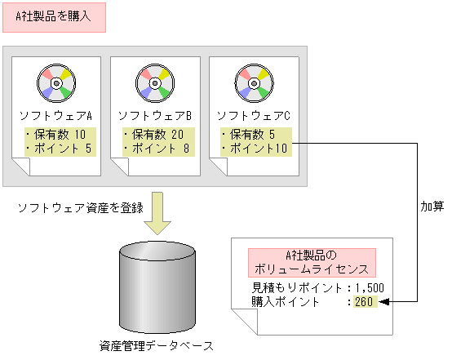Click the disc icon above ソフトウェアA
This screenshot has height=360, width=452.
[55, 83]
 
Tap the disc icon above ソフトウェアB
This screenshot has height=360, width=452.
[155, 83]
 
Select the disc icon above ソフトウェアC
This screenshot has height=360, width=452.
[254, 83]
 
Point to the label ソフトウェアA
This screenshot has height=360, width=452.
[55, 116]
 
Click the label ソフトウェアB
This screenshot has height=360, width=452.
[155, 116]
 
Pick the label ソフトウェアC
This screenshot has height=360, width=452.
[254, 116]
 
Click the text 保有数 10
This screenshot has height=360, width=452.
[55, 135]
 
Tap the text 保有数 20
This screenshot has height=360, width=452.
[155, 135]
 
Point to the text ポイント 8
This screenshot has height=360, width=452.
[155, 148]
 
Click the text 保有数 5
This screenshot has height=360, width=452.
[250, 135]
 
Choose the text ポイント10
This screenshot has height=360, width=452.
[254, 148]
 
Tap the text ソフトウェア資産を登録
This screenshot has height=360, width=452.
[81, 207]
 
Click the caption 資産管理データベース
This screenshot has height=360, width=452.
[158, 346]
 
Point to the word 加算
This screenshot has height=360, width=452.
[432, 207]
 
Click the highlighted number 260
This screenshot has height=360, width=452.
[364, 302]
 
